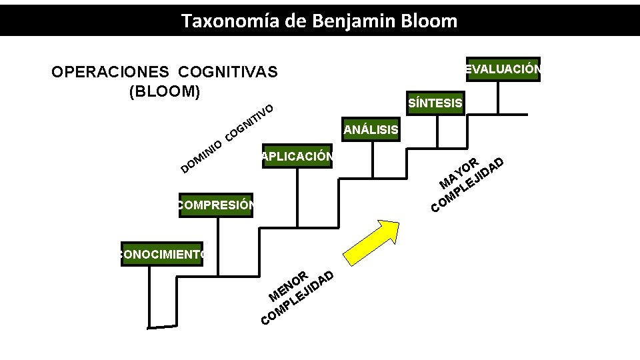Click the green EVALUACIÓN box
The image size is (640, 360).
pyautogui.click(x=503, y=69)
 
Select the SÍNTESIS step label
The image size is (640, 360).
pyautogui.click(x=435, y=103)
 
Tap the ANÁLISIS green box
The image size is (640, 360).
pyautogui.click(x=371, y=130)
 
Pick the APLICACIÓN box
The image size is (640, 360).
pyautogui.click(x=297, y=157)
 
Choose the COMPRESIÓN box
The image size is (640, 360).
pyautogui.click(x=216, y=205)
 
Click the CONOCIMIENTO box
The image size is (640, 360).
pyautogui.click(x=161, y=253)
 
